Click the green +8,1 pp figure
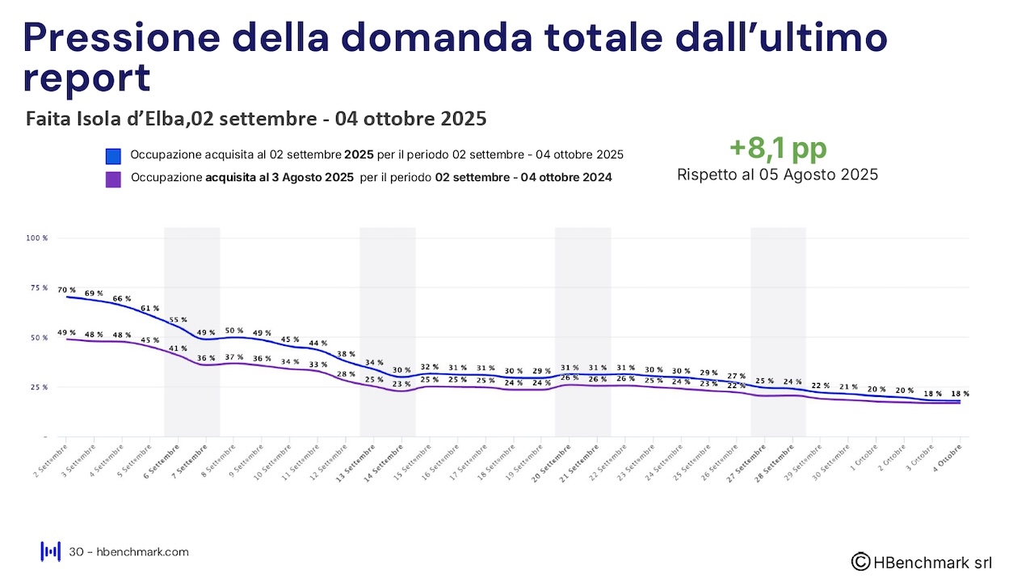[x=778, y=149]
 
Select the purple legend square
[x=113, y=179]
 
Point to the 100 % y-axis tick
[x=37, y=238]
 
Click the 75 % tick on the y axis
[x=40, y=288]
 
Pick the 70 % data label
[x=66, y=290]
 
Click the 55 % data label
[x=178, y=319]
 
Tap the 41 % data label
[x=178, y=348]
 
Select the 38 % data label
[x=346, y=354]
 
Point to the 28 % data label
[x=346, y=374]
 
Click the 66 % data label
[x=122, y=299]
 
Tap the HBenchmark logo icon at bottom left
[x=51, y=551]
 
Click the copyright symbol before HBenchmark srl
[x=861, y=561]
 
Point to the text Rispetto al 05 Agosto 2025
[x=777, y=175]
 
